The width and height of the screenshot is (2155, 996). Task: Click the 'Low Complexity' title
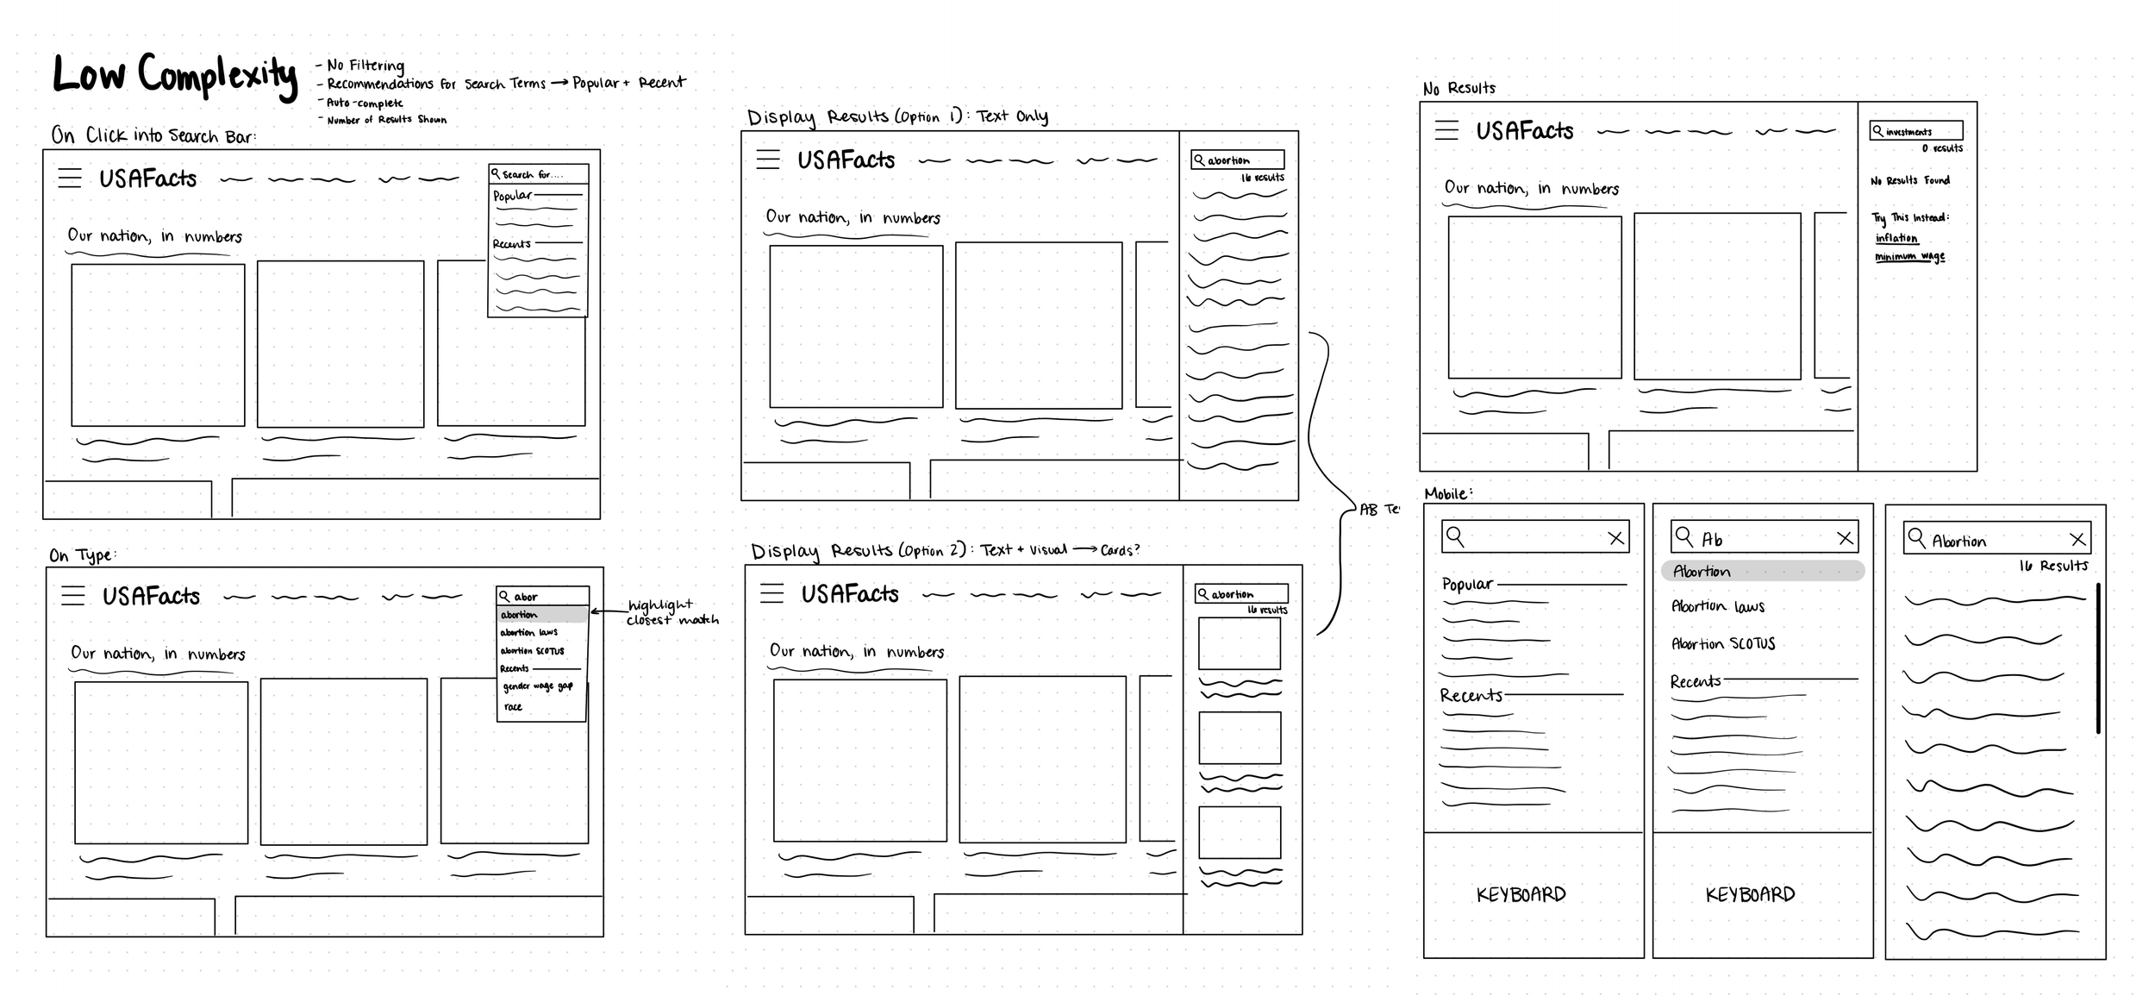175,75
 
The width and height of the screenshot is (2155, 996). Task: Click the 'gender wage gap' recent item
537,686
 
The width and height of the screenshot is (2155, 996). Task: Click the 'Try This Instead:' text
1910,217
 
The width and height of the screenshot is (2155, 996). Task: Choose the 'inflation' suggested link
1896,238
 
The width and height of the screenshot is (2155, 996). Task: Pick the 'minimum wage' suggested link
1909,257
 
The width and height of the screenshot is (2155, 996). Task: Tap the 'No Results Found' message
1909,180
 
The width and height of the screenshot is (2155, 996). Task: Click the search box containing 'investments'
1915,131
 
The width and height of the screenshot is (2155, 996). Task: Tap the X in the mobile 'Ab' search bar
1845,538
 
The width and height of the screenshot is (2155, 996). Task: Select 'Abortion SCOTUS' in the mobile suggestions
1722,643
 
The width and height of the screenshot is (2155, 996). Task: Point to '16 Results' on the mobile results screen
2052,566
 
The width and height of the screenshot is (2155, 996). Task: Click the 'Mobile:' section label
1448,493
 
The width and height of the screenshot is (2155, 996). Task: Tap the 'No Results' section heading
1459,88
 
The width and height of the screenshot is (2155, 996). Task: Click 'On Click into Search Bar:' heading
153,135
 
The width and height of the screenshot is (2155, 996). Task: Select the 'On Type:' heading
82,555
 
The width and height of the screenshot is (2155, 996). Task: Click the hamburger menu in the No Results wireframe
1446,130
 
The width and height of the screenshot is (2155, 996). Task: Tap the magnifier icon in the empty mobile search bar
1455,536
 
